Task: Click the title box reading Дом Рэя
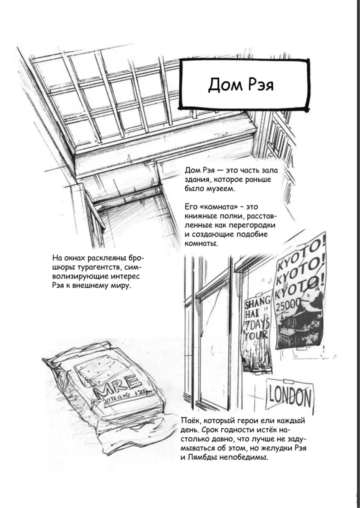[244, 84]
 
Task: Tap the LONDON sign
[289, 396]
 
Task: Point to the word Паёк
[189, 420]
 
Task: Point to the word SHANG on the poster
[257, 303]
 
